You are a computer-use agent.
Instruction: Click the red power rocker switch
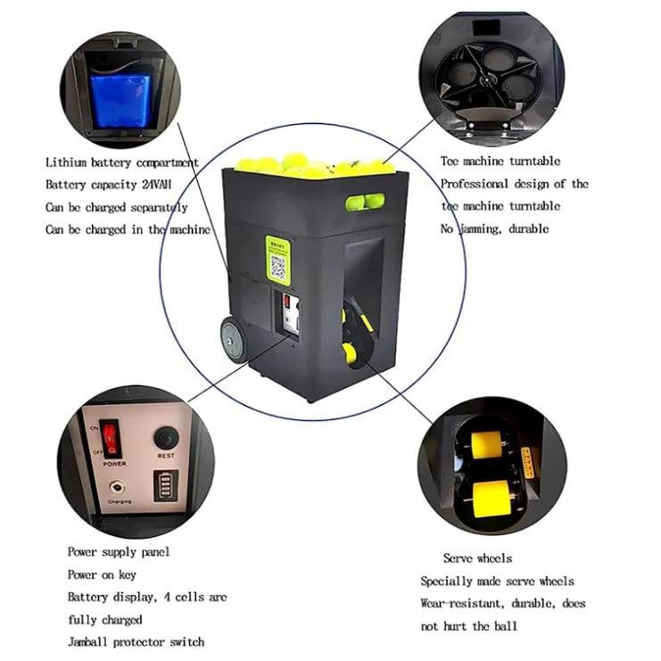coord(111,439)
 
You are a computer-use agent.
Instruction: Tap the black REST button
coord(166,438)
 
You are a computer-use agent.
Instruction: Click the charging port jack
coord(116,489)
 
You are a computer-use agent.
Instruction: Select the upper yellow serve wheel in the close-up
coord(486,443)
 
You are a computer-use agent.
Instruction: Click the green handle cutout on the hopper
coord(365,202)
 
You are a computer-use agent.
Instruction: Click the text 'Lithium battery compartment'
coord(122,161)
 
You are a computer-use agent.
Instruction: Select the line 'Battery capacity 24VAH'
coord(108,184)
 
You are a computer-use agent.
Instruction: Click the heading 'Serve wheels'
coord(477,558)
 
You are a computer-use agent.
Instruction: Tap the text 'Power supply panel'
coord(119,552)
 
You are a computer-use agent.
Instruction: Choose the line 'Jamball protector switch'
coord(136,641)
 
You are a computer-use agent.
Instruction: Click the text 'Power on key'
coord(102,574)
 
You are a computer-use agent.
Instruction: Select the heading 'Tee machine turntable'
coord(500,161)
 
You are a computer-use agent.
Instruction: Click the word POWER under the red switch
coord(114,464)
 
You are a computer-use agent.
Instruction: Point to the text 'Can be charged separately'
coord(117,207)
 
